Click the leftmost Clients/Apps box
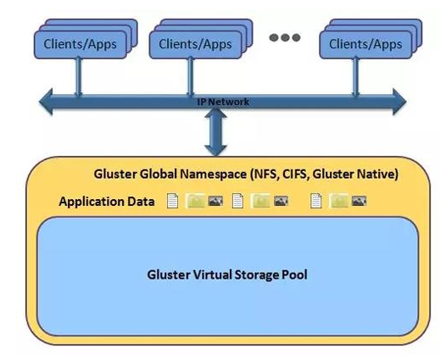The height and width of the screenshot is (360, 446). [x=81, y=45]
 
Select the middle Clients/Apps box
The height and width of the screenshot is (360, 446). [x=195, y=45]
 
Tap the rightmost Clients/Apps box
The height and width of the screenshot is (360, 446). [x=365, y=45]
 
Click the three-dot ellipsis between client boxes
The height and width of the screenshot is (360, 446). [x=285, y=37]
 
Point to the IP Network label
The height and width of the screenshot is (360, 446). [x=223, y=102]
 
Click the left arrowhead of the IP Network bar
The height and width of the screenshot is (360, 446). [x=46, y=102]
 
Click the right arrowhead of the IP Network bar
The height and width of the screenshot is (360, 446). [x=399, y=102]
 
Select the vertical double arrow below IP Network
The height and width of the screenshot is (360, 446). [x=215, y=132]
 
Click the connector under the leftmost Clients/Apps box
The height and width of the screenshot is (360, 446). [x=78, y=77]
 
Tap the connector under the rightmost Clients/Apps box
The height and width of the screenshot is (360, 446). [x=356, y=77]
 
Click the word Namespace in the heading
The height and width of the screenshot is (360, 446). [x=214, y=174]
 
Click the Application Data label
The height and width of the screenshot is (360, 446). [x=107, y=202]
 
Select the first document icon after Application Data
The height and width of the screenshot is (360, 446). [x=172, y=201]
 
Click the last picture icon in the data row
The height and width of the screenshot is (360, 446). [x=359, y=201]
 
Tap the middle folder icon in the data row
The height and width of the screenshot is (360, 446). [x=260, y=201]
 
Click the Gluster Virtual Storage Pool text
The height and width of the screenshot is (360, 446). [x=227, y=274]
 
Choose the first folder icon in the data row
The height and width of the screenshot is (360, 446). [x=196, y=201]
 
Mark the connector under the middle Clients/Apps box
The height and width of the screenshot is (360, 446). [x=191, y=77]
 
